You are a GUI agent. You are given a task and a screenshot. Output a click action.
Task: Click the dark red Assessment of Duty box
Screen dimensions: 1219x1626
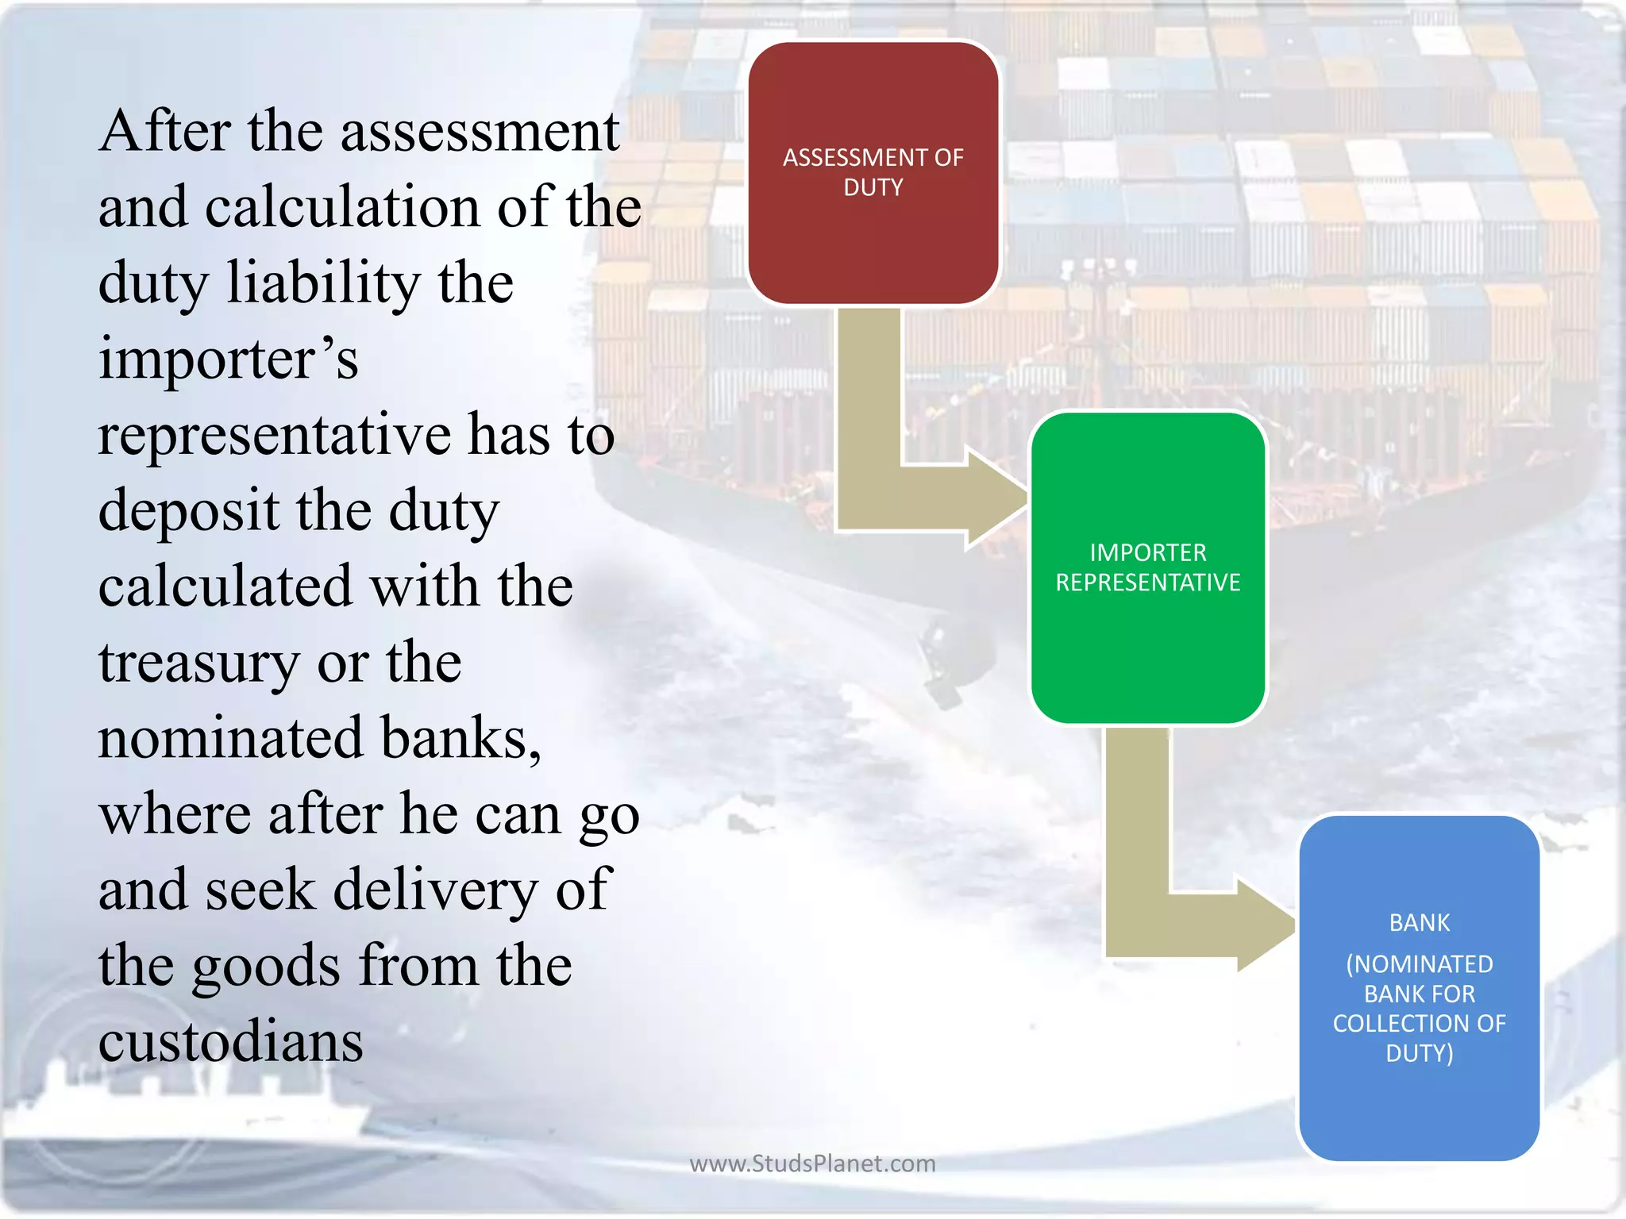(x=873, y=238)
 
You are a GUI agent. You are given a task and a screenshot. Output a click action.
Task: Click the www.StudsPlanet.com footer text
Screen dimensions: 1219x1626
(x=812, y=1163)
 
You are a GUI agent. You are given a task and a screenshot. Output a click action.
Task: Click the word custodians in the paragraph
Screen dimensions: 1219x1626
(x=230, y=1040)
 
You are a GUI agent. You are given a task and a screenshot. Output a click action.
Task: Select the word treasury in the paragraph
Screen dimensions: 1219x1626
(x=198, y=663)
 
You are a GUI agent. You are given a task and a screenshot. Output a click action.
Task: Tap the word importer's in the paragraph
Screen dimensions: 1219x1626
(x=228, y=359)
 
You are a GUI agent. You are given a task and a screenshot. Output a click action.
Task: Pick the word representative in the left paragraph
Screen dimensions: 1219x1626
(x=273, y=435)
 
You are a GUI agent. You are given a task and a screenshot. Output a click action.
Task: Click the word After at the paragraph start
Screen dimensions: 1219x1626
(x=164, y=131)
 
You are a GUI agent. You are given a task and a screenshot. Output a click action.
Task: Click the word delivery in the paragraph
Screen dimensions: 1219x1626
(x=435, y=890)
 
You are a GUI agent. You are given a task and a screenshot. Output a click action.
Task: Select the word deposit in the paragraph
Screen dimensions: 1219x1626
(x=188, y=510)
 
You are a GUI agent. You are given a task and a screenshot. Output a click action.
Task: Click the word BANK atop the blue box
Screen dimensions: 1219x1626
(x=1419, y=922)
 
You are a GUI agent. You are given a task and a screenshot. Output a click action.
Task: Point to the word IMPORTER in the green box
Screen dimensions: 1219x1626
(x=1147, y=552)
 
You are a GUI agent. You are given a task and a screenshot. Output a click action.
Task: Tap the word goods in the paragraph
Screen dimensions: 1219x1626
(x=266, y=966)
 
